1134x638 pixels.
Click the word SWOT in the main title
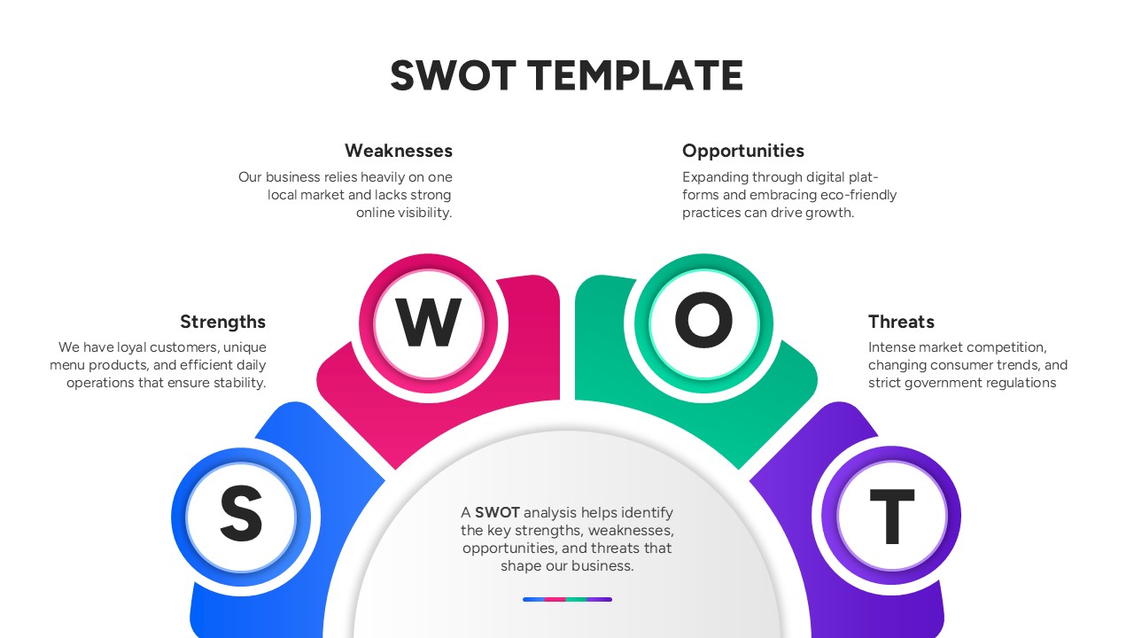click(453, 76)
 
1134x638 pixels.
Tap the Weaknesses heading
click(399, 151)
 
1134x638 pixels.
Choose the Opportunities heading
click(743, 151)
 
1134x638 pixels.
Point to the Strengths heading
click(222, 322)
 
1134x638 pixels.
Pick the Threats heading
click(901, 322)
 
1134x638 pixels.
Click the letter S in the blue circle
click(241, 515)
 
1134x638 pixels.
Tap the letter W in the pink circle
click(428, 323)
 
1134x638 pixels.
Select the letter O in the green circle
click(703, 323)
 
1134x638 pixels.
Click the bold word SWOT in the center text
click(497, 512)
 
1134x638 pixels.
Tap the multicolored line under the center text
click(567, 600)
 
